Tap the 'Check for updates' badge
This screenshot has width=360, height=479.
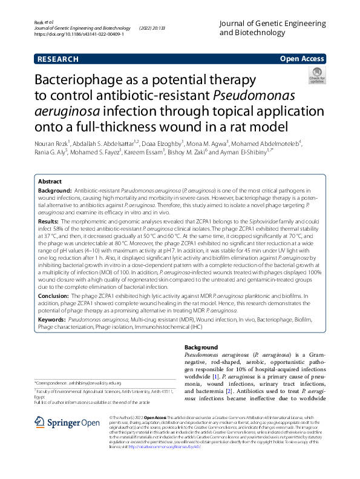pos(317,76)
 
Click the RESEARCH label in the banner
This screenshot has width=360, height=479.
pos(58,59)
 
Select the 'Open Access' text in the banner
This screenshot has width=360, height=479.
pos(302,59)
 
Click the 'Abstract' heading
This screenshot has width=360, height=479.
pos(50,181)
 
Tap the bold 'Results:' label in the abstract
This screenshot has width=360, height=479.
pos(50,221)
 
